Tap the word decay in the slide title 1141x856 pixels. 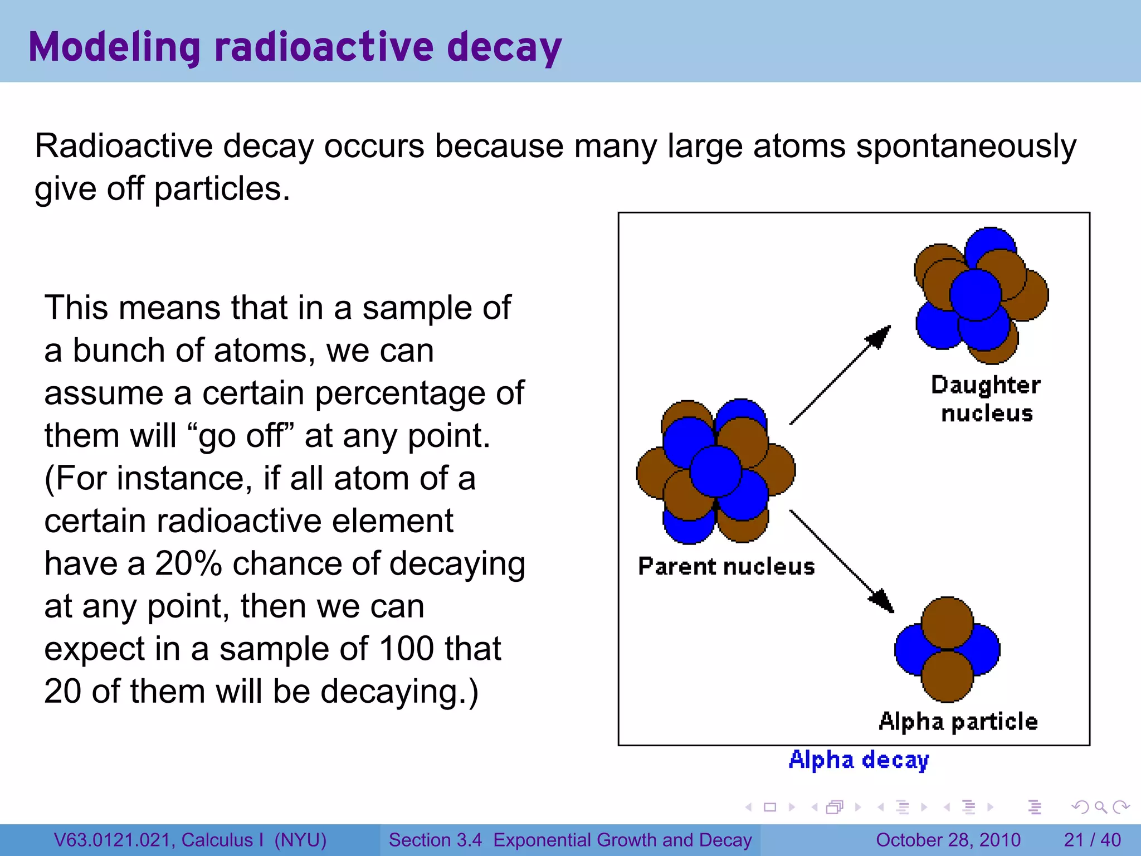(504, 47)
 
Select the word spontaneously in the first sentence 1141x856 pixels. (966, 147)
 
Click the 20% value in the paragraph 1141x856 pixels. (188, 563)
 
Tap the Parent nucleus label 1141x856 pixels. (726, 566)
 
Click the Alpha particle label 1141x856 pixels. (958, 721)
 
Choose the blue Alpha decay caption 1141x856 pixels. (859, 760)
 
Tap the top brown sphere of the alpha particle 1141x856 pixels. (947, 622)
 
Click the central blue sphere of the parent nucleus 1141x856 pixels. (716, 471)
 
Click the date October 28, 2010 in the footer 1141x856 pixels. (948, 840)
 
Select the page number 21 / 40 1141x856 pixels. (1092, 840)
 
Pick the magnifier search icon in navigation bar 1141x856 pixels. (1100, 807)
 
